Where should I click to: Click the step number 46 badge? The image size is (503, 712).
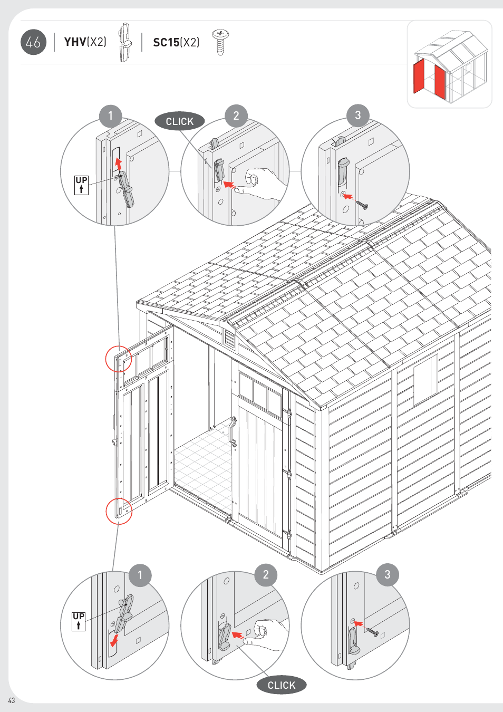33,42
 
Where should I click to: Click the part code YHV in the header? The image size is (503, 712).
75,42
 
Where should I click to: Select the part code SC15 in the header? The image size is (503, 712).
166,42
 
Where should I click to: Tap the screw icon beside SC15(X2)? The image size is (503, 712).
220,42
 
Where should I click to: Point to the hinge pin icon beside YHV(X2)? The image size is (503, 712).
124,42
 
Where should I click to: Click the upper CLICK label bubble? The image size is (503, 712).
179,121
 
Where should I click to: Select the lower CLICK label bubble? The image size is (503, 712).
281,685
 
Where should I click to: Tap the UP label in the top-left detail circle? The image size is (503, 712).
81,185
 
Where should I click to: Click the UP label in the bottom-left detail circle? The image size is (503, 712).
79,621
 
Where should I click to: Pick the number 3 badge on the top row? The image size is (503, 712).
358,115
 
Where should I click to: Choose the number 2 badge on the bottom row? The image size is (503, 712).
266,575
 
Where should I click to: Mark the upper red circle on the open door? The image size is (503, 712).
119,359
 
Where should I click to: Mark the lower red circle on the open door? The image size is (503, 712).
119,511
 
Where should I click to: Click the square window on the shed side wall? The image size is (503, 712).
425,379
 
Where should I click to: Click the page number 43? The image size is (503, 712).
12,700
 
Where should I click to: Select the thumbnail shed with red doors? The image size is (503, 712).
449,64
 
